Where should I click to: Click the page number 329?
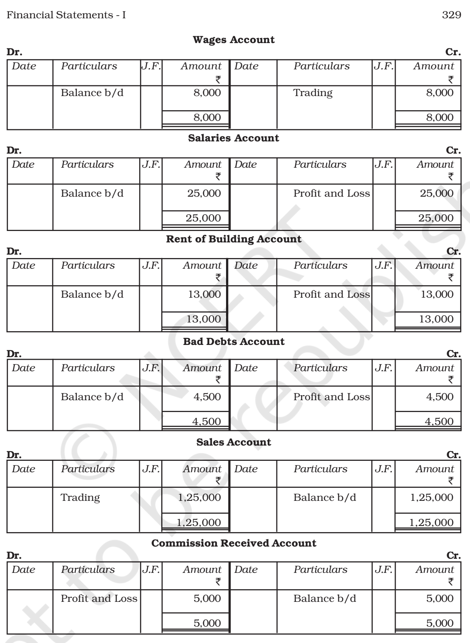(x=451, y=15)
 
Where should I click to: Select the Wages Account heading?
(x=234, y=40)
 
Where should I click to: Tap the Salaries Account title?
(x=234, y=138)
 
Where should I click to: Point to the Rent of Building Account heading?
(x=234, y=239)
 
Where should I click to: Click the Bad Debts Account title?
(x=234, y=341)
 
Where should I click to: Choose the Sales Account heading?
(x=234, y=442)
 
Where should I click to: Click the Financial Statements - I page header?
(x=66, y=15)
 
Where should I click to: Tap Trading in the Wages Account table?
(x=313, y=93)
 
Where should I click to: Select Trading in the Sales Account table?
(x=80, y=497)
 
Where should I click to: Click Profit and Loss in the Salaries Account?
(x=331, y=193)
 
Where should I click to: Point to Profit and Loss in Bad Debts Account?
(x=331, y=397)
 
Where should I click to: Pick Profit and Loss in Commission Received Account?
(x=99, y=598)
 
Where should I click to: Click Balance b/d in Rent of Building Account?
(x=92, y=294)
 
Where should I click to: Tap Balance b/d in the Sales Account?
(x=324, y=497)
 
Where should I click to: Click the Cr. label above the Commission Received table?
(x=453, y=556)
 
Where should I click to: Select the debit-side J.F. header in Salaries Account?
(x=151, y=165)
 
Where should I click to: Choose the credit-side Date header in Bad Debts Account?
(x=245, y=368)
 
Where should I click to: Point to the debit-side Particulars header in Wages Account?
(x=89, y=66)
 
